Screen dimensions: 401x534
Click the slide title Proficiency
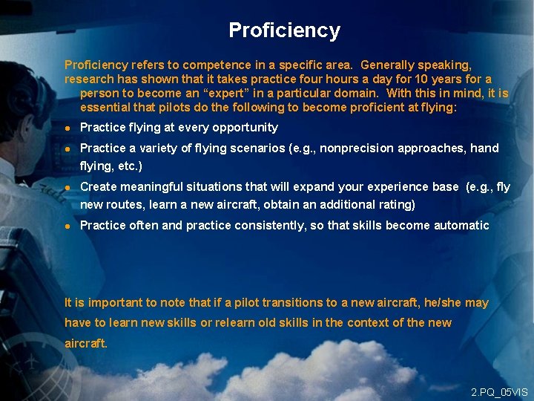tap(284, 30)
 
